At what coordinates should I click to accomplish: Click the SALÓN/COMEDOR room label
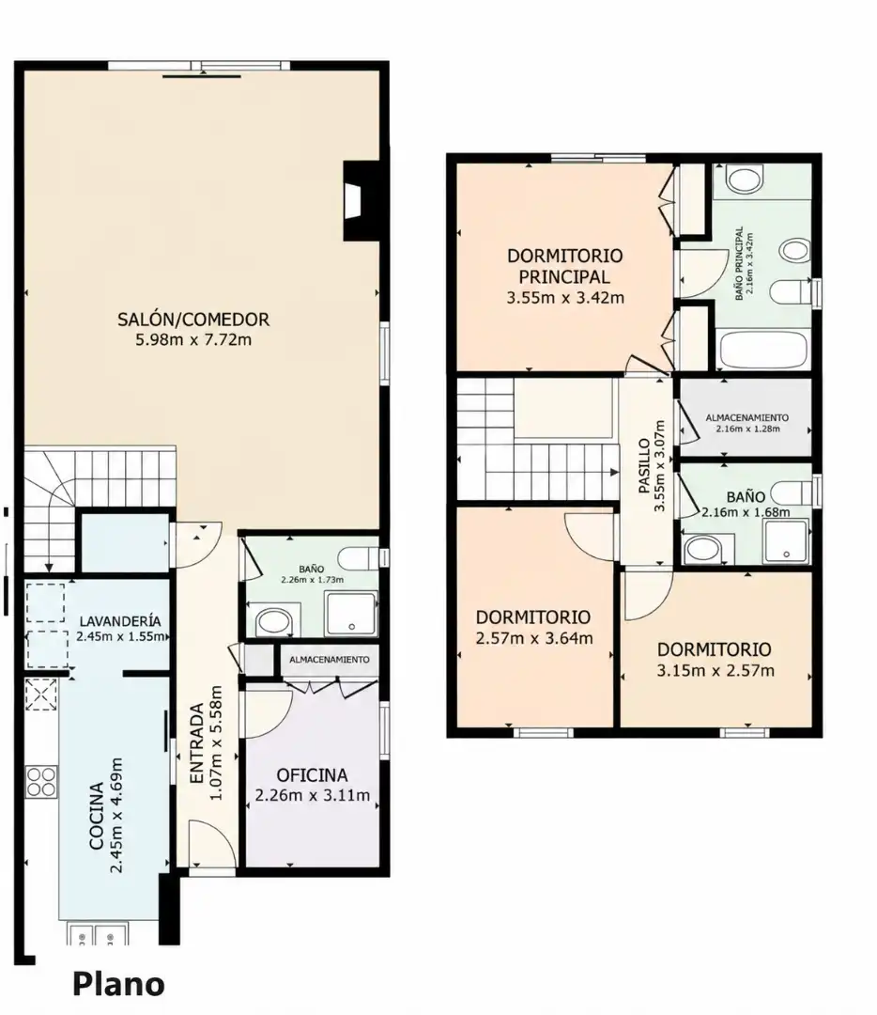[193, 320]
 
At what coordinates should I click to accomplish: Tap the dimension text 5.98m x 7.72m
[193, 339]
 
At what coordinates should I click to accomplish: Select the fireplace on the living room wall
[360, 201]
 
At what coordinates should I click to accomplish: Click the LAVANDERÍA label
[120, 621]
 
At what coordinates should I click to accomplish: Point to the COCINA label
[97, 816]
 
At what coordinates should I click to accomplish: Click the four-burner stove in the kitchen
[41, 781]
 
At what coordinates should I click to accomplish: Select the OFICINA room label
[312, 774]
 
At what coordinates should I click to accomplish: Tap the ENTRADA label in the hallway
[197, 744]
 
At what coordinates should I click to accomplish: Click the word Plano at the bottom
[118, 984]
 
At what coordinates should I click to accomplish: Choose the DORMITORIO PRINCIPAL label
[564, 266]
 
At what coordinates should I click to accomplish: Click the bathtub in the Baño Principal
[763, 350]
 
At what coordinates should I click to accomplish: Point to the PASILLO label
[643, 466]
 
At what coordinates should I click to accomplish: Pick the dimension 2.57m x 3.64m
[534, 638]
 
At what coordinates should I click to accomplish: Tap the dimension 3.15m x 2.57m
[715, 671]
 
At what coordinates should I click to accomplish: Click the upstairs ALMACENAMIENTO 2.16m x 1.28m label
[747, 423]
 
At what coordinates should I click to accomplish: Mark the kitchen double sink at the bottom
[98, 933]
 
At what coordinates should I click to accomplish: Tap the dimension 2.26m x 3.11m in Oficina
[313, 795]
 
